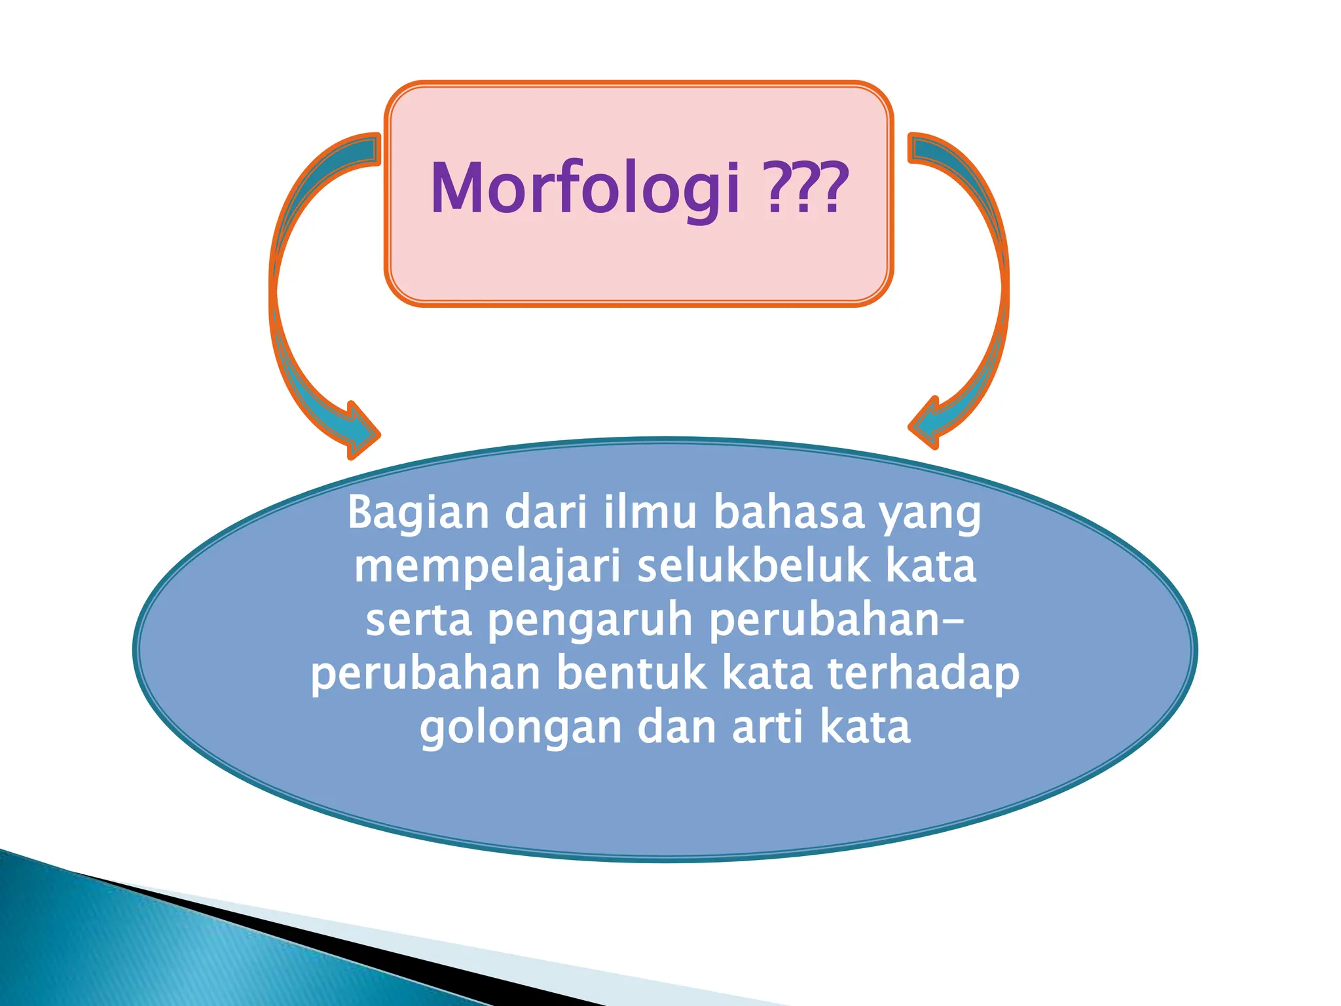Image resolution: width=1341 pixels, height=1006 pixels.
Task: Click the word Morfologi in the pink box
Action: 585,189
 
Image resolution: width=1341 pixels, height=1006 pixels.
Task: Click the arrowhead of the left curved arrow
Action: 359,431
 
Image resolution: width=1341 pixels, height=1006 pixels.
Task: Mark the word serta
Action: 418,620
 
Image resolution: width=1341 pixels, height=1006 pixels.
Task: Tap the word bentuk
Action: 632,673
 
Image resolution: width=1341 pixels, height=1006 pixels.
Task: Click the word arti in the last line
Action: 767,727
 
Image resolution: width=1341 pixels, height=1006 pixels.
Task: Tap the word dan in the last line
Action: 676,727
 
